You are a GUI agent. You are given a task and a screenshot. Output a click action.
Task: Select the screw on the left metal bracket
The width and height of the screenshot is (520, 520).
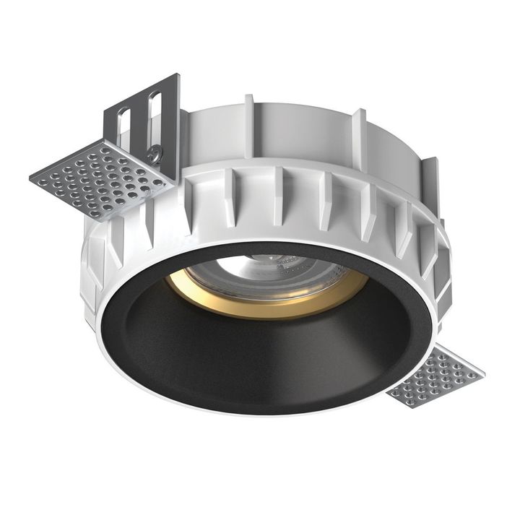point(153,152)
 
